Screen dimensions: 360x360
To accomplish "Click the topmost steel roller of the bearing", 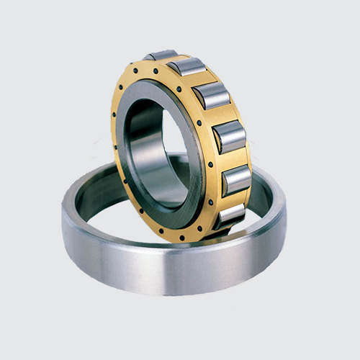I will [160, 55].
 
